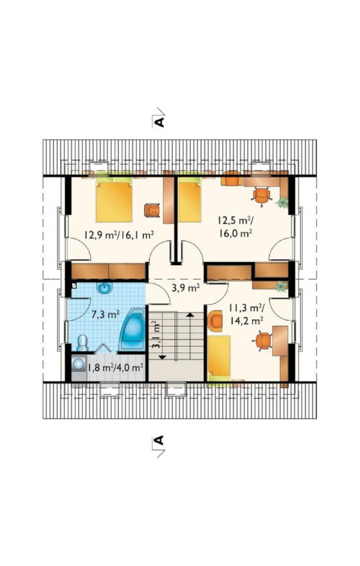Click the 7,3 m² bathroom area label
tap(105, 314)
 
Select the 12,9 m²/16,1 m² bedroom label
tap(119, 235)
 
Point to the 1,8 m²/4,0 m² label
tap(115, 367)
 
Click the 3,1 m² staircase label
tap(156, 335)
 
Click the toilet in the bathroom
tap(83, 343)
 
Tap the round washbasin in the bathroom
tap(105, 288)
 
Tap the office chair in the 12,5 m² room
tap(261, 195)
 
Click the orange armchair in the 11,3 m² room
tap(216, 321)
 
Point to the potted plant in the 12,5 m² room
tap(282, 202)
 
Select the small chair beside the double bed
tap(151, 210)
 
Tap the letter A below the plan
tap(159, 440)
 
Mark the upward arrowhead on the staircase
tap(189, 315)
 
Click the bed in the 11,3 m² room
tap(219, 357)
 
